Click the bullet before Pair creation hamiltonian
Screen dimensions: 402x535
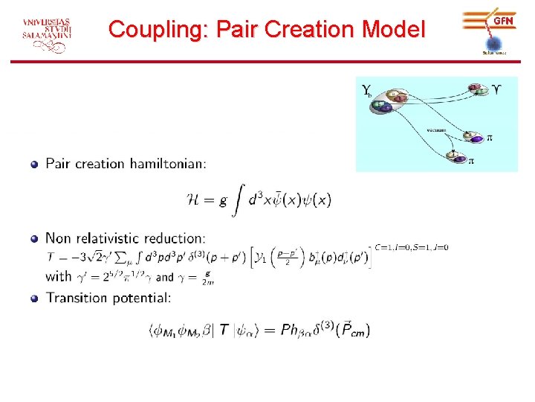(34, 164)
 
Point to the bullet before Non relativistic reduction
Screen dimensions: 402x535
(34, 239)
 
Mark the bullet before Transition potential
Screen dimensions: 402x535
(34, 299)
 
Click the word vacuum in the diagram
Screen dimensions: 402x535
(436, 130)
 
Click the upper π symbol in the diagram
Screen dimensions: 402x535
(490, 138)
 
